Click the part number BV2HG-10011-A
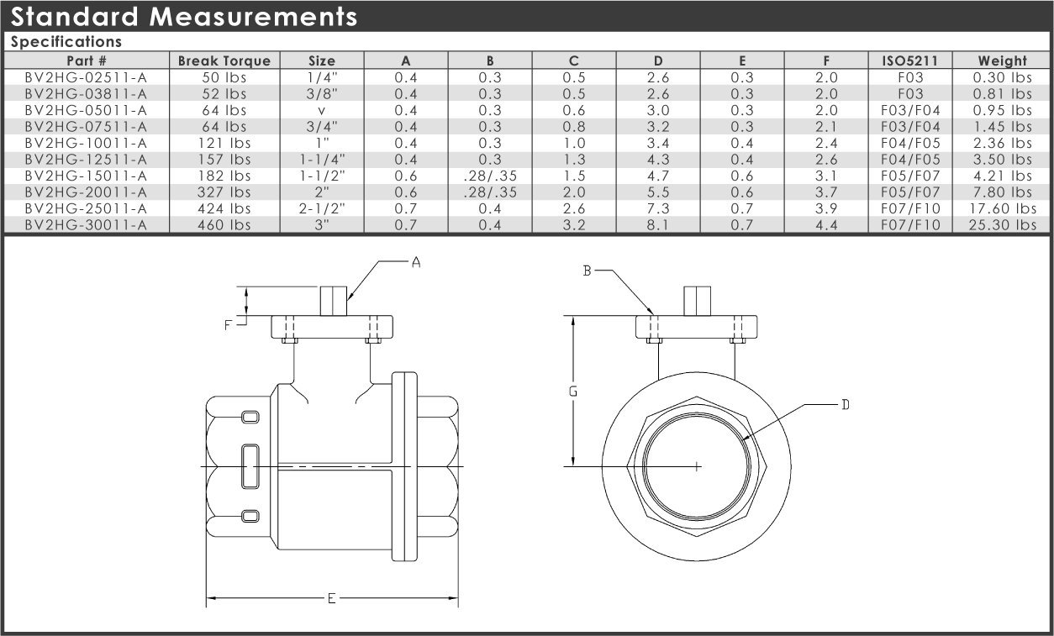[86, 143]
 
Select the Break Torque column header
[224, 60]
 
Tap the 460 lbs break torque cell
[224, 225]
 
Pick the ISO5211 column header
[910, 60]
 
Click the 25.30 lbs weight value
[1002, 225]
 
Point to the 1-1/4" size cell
[322, 160]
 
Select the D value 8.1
[658, 225]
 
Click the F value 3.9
[826, 208]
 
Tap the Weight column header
[1002, 60]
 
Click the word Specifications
[66, 42]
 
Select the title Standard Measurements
[184, 17]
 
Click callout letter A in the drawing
[416, 262]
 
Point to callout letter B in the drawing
[587, 271]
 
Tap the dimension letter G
[572, 391]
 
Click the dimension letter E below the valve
[331, 598]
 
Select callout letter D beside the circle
[845, 405]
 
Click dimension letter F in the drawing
[228, 325]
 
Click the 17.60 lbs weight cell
[1002, 208]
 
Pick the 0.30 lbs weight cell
[1002, 77]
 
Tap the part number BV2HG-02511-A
[86, 77]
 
